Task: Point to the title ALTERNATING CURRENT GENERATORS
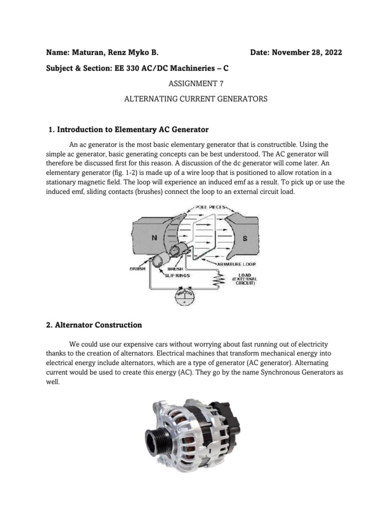196,99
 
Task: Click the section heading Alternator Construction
98,325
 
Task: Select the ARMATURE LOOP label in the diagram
237,265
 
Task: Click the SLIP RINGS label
178,275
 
